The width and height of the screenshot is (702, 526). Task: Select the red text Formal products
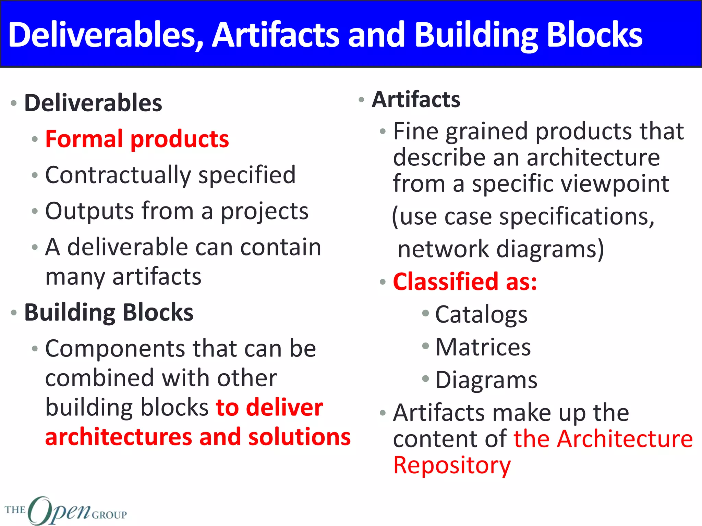pos(137,139)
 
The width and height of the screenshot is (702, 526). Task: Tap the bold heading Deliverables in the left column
pos(93,103)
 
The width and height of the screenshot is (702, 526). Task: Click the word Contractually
pos(118,175)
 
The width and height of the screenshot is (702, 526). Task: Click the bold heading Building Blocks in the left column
pos(109,312)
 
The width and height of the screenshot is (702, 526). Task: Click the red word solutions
pos(299,437)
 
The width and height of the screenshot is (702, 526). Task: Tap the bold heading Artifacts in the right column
pos(416,100)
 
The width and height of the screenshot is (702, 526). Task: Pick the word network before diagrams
pos(443,249)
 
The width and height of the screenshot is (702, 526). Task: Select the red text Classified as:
pos(464,281)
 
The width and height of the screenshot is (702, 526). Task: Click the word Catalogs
pos(481,315)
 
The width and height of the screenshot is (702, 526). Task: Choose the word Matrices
pos(483,347)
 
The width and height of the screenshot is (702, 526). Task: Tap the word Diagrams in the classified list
pos(486,380)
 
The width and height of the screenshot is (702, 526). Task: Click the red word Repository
pos(452,465)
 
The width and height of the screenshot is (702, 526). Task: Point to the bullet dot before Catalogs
pos(425,313)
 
